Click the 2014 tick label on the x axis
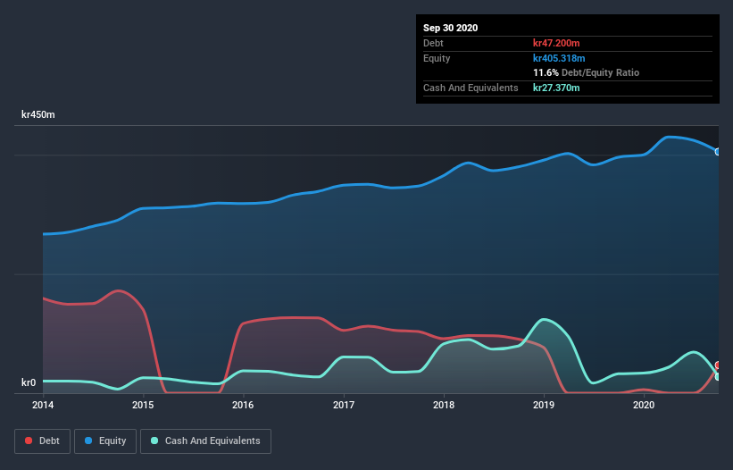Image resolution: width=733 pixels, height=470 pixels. click(x=43, y=405)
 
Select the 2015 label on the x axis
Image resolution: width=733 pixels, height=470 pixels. click(x=143, y=405)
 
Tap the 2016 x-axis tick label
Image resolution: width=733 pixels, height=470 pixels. click(x=243, y=405)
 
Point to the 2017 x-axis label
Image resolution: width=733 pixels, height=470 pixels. click(x=344, y=405)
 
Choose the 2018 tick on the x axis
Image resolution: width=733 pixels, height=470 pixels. click(x=444, y=405)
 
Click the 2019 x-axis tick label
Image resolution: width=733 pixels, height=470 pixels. click(x=544, y=405)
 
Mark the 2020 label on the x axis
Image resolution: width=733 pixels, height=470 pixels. click(x=644, y=405)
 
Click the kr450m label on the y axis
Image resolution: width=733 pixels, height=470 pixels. click(x=38, y=115)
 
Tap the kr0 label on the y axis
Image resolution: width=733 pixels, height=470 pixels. click(x=29, y=383)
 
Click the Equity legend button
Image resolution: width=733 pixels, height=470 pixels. click(x=105, y=441)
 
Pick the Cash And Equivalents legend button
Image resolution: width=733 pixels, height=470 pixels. click(x=205, y=441)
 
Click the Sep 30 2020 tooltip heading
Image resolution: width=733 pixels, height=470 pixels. click(x=450, y=28)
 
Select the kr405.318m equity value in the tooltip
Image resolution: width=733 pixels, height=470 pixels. click(x=560, y=58)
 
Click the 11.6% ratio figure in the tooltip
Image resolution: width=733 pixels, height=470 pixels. click(x=546, y=72)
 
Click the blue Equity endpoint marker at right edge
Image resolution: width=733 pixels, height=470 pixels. click(x=718, y=152)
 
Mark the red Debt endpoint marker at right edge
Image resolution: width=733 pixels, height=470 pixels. click(x=718, y=365)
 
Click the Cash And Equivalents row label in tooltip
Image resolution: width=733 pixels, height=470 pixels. click(x=471, y=88)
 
